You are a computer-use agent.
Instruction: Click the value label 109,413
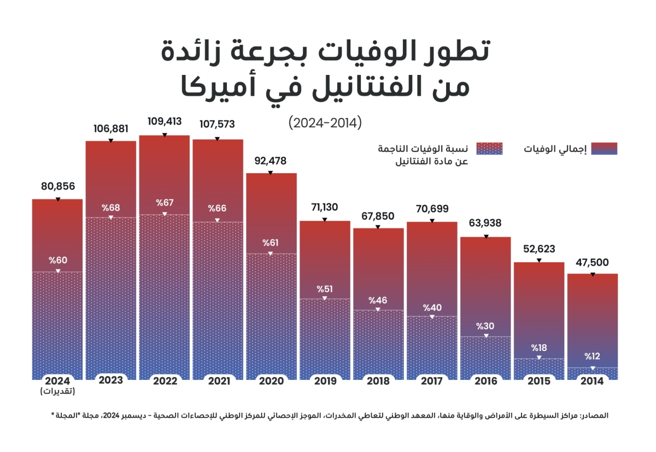pos(165,121)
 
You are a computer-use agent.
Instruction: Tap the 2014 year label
pos(592,381)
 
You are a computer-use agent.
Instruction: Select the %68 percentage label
pos(110,208)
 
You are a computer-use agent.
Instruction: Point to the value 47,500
pos(592,262)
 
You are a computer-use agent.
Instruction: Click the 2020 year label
pos(271,381)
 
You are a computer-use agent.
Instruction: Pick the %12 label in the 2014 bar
pos(592,357)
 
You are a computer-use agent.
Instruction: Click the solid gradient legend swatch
pos(601,149)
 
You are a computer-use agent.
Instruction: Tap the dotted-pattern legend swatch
pos(489,149)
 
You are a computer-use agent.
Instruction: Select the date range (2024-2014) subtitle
pos(325,123)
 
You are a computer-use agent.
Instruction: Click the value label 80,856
pos(58,186)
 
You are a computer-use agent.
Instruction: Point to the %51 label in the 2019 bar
pos(325,289)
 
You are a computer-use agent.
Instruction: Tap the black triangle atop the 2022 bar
pos(165,134)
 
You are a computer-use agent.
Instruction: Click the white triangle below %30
pos(485,336)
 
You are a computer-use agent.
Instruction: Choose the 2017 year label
pos(432,381)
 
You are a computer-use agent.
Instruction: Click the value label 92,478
pos(271,161)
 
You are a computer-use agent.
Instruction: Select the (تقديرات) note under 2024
pos(58,391)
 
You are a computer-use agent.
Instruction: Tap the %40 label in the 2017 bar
pos(432,307)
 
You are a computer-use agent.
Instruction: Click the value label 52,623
pos(538,249)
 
